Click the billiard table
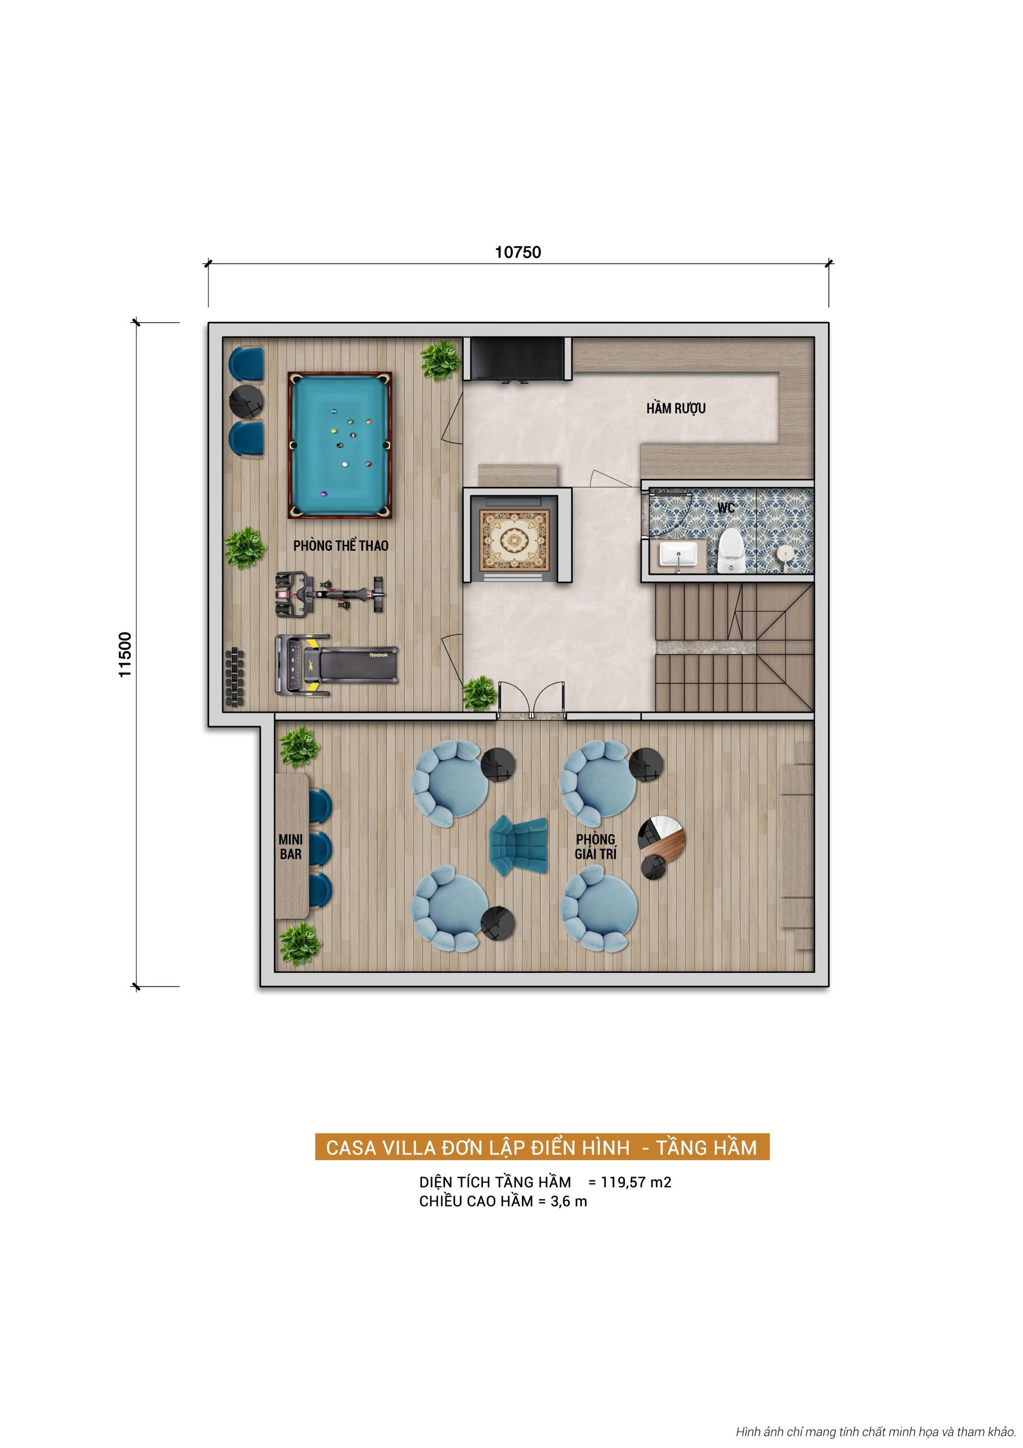pyautogui.click(x=340, y=445)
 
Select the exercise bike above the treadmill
pyautogui.click(x=329, y=593)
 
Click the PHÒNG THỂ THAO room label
pyautogui.click(x=340, y=545)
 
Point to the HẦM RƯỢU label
pyautogui.click(x=675, y=409)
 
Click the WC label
pyautogui.click(x=726, y=507)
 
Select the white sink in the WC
pyautogui.click(x=677, y=555)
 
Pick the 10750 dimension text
pyautogui.click(x=518, y=252)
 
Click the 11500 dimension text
pyautogui.click(x=125, y=654)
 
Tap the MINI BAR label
pyautogui.click(x=291, y=847)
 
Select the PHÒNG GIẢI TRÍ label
pyautogui.click(x=595, y=846)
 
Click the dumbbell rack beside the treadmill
pyautogui.click(x=234, y=678)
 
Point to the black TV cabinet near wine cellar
pyautogui.click(x=518, y=358)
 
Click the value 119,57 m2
pyautogui.click(x=636, y=1183)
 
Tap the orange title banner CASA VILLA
pyautogui.click(x=541, y=1147)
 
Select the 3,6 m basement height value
pyautogui.click(x=568, y=1201)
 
